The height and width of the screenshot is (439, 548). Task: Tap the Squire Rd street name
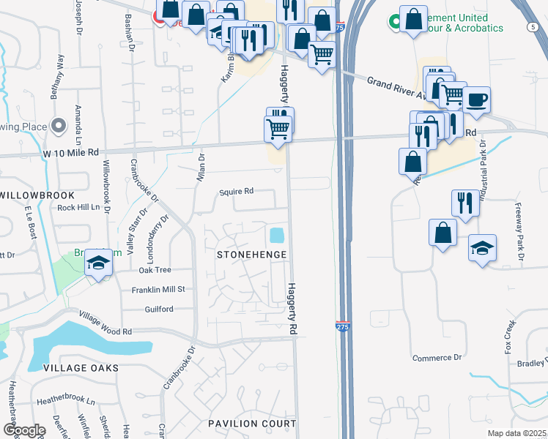tap(237, 191)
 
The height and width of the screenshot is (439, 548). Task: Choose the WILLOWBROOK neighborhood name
tap(37, 195)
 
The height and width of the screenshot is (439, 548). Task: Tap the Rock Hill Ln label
tap(78, 207)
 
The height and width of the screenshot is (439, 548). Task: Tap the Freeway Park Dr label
tap(519, 232)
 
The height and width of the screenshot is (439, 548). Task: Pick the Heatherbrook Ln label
tap(66, 402)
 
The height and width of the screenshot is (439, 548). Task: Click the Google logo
tap(23, 430)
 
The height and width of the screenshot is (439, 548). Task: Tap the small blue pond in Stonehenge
tap(277, 236)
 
